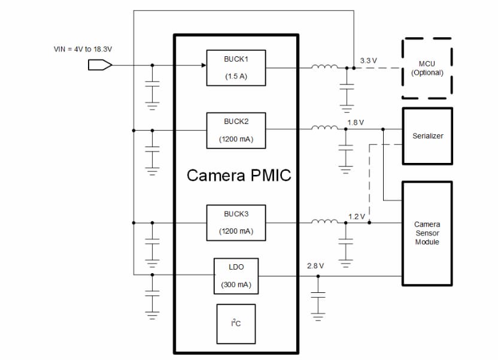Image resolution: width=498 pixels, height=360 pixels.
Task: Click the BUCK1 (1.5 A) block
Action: (x=236, y=68)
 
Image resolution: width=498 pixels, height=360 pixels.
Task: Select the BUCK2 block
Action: (x=236, y=131)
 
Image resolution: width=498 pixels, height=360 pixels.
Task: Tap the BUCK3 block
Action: (x=236, y=222)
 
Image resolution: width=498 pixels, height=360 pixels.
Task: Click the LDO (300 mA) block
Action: (x=236, y=276)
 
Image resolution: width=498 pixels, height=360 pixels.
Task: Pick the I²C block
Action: (x=236, y=323)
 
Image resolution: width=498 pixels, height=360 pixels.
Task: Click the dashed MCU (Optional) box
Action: (x=427, y=68)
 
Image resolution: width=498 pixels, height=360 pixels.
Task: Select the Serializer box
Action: (x=427, y=136)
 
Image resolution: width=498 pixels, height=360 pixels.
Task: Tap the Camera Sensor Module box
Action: (x=427, y=233)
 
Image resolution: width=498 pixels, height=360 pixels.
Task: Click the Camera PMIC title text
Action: (x=238, y=176)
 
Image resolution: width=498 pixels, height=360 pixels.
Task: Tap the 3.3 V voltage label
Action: (x=369, y=60)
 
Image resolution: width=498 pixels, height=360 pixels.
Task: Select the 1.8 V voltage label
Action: (x=356, y=122)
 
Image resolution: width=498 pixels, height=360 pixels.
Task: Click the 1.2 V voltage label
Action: (x=357, y=216)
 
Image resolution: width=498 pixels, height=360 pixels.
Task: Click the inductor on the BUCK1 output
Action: (x=324, y=66)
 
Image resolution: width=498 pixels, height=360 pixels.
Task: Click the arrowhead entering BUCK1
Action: (x=203, y=65)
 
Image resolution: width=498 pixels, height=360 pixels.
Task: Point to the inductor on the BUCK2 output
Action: (x=324, y=128)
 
